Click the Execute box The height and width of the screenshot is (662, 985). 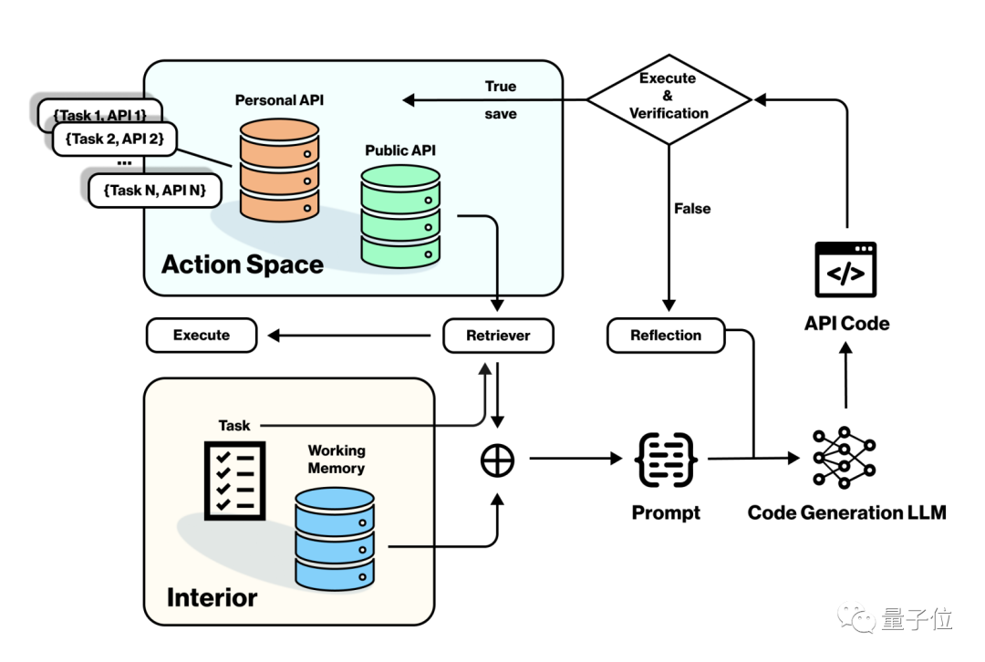point(202,336)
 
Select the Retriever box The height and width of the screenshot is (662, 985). point(498,336)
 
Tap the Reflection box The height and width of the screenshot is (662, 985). point(666,336)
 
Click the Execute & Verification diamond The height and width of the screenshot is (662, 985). point(669,97)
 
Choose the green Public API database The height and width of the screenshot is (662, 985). point(399,216)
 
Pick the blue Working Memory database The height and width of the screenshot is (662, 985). point(335,538)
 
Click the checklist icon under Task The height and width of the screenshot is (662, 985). point(233,478)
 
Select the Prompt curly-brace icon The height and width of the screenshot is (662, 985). point(667,460)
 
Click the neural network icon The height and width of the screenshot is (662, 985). point(845,459)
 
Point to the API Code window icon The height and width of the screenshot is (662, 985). point(845,270)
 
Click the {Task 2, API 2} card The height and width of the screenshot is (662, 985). point(114,139)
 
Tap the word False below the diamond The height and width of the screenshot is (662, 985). point(692,209)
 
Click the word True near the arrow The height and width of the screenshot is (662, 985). point(501,87)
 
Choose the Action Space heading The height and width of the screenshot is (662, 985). point(243,265)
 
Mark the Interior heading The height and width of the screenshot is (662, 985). point(212,598)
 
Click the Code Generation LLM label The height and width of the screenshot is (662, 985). point(846,512)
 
